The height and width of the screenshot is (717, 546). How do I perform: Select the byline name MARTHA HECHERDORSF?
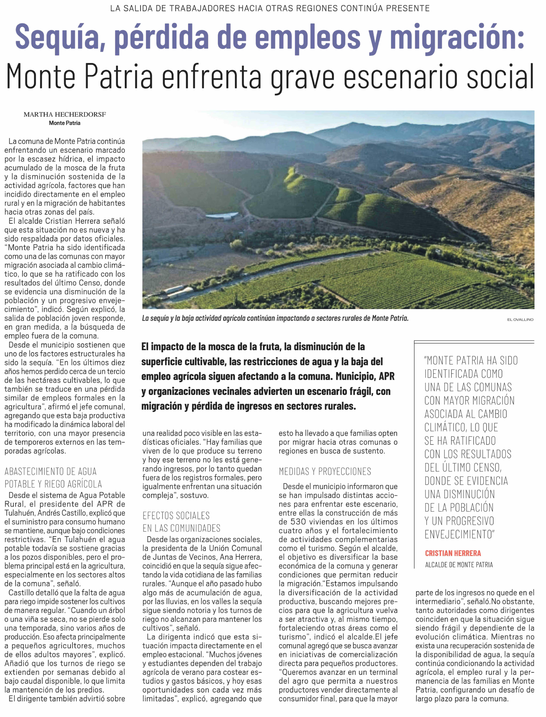(x=65, y=114)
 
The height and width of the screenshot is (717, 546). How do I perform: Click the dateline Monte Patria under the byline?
(x=65, y=123)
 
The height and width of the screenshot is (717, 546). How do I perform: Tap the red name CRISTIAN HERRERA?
(x=453, y=553)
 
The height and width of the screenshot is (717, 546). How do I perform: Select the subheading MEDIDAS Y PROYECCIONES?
(x=325, y=471)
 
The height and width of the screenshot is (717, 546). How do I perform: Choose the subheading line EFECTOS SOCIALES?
(x=176, y=516)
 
